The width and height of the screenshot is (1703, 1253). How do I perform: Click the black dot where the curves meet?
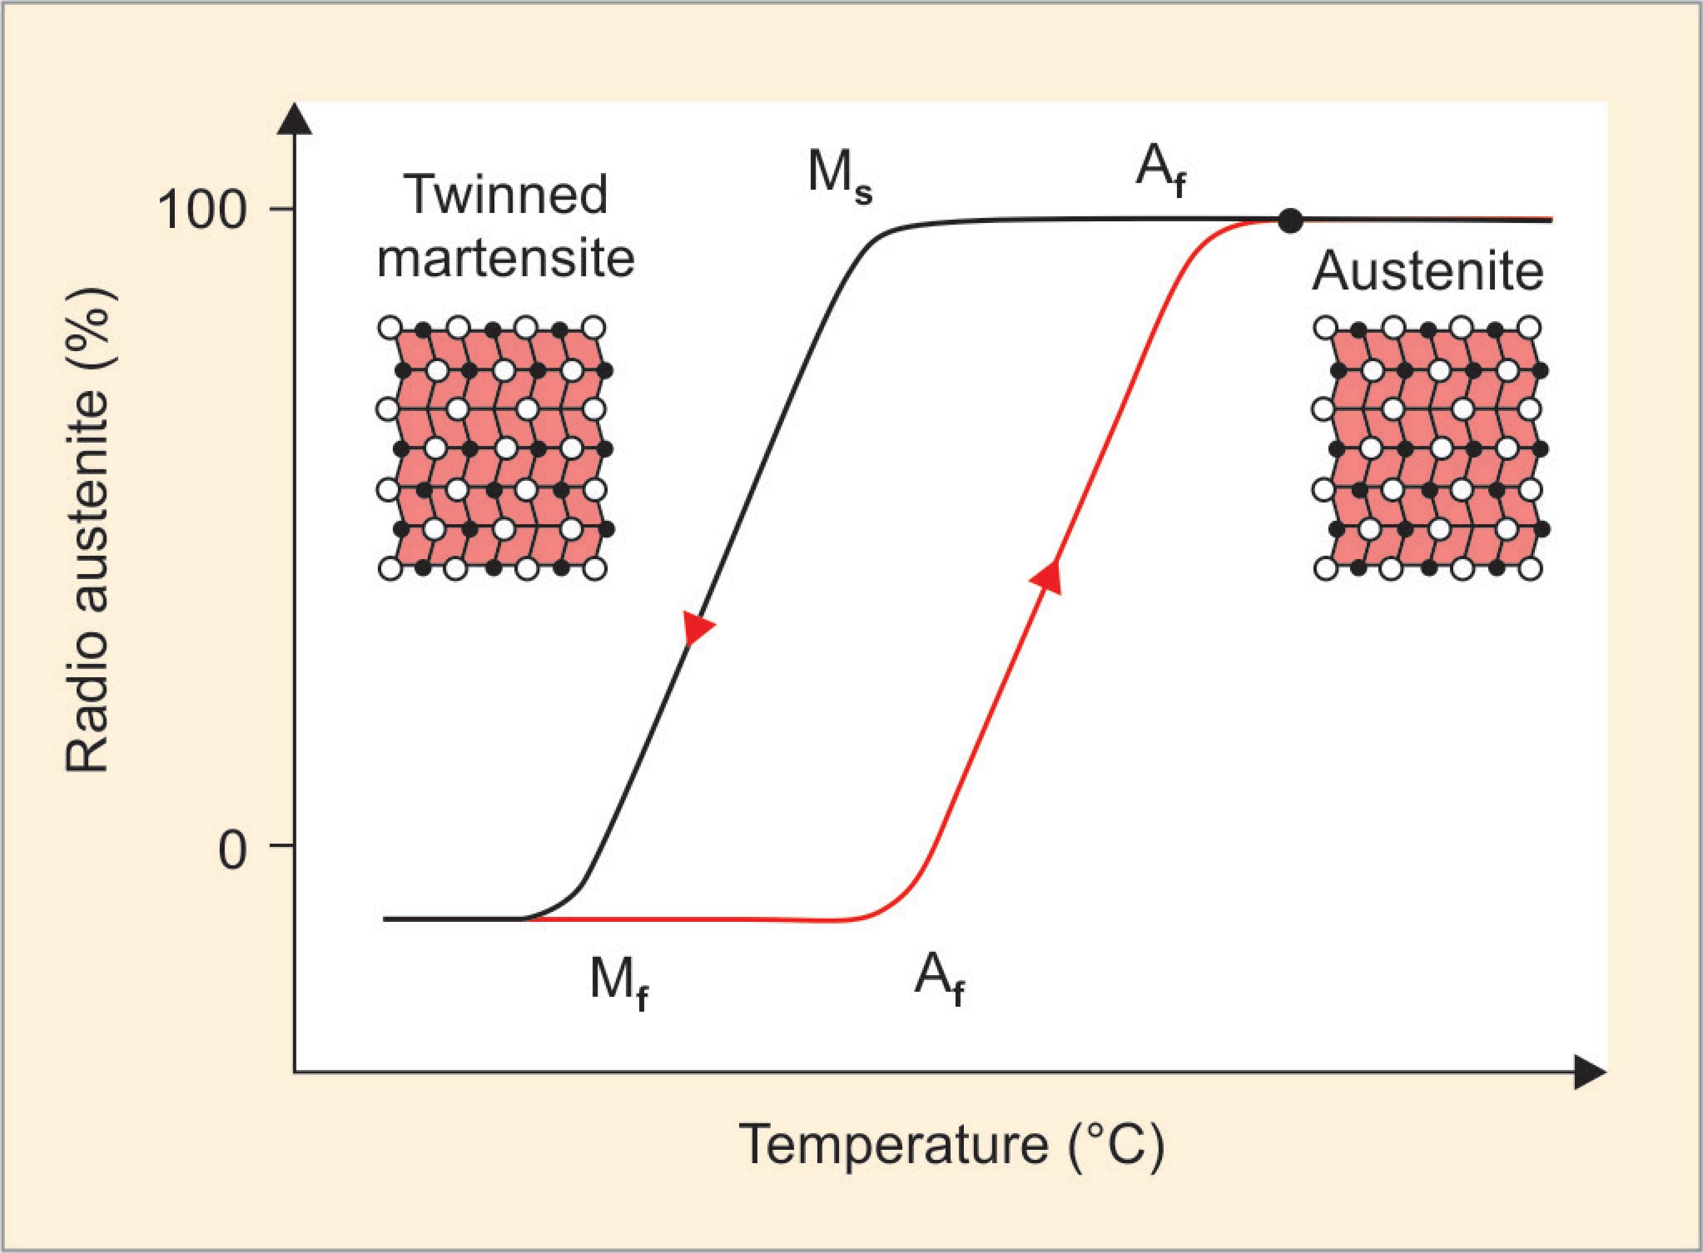coord(1290,221)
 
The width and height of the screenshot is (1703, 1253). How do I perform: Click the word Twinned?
coord(507,194)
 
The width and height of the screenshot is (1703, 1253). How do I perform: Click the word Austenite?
coord(1428,271)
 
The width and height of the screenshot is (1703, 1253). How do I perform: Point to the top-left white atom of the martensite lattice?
coord(389,328)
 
